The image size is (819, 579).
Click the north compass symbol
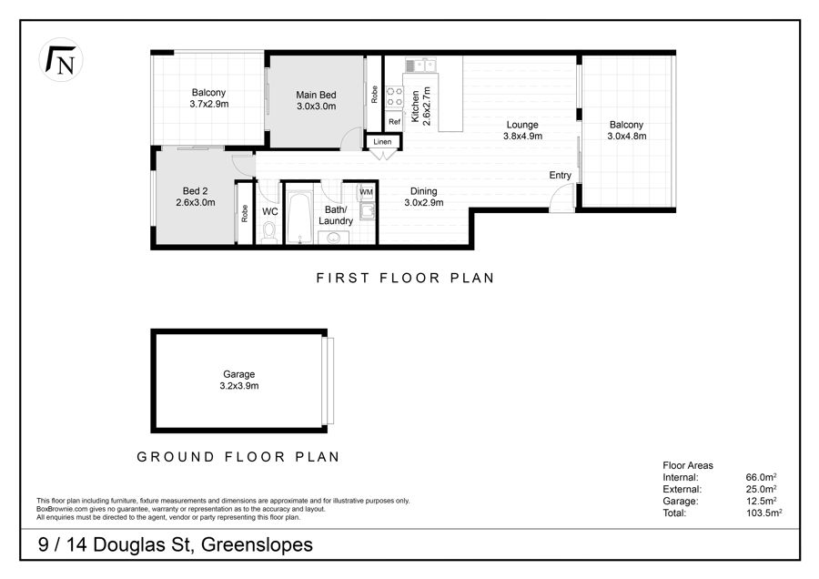point(61,59)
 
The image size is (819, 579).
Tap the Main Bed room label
point(316,95)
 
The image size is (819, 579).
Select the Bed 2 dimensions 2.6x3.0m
point(196,202)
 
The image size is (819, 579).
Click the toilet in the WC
point(269,232)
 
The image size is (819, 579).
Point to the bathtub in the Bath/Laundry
point(299,218)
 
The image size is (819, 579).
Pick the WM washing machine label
point(366,192)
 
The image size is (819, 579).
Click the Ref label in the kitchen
point(394,122)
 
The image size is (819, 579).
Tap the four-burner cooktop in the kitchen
point(394,96)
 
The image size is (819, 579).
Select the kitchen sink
point(420,66)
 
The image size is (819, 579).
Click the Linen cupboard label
point(382,142)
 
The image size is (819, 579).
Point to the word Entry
point(560,175)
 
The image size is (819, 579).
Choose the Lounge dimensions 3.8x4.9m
point(522,136)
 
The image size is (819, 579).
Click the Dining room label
point(423,191)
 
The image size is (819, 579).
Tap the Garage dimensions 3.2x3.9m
point(239,386)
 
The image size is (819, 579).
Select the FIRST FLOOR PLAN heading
point(405,278)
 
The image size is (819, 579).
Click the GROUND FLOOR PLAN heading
point(238,457)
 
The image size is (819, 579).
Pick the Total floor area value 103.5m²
point(764,513)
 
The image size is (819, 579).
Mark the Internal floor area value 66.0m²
point(761,476)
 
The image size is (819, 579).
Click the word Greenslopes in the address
point(257,544)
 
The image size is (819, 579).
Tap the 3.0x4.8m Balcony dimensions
point(627,136)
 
